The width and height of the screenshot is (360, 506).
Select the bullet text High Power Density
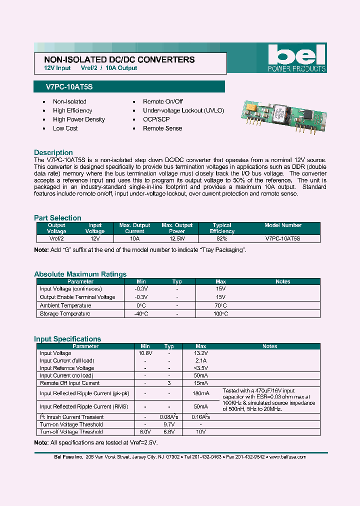tap(79, 119)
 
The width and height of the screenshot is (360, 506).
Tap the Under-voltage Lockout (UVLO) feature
tap(183, 110)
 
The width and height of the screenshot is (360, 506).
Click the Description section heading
tap(53, 152)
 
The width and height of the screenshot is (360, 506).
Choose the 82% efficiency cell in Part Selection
tap(221, 239)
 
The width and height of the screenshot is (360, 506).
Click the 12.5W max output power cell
tap(177, 239)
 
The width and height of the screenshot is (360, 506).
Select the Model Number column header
tap(283, 225)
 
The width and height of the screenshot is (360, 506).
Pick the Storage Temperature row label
tap(65, 313)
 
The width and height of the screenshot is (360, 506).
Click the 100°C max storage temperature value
tap(220, 313)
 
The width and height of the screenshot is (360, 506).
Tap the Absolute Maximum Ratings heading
tap(80, 274)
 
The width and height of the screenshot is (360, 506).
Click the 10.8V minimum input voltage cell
tap(145, 353)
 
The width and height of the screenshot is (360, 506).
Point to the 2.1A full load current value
tap(200, 360)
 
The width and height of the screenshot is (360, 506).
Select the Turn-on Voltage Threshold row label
tap(71, 424)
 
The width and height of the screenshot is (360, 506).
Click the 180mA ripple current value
tap(200, 393)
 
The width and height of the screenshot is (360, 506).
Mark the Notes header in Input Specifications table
tap(269, 346)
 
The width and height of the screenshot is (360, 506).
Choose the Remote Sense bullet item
tap(162, 128)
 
